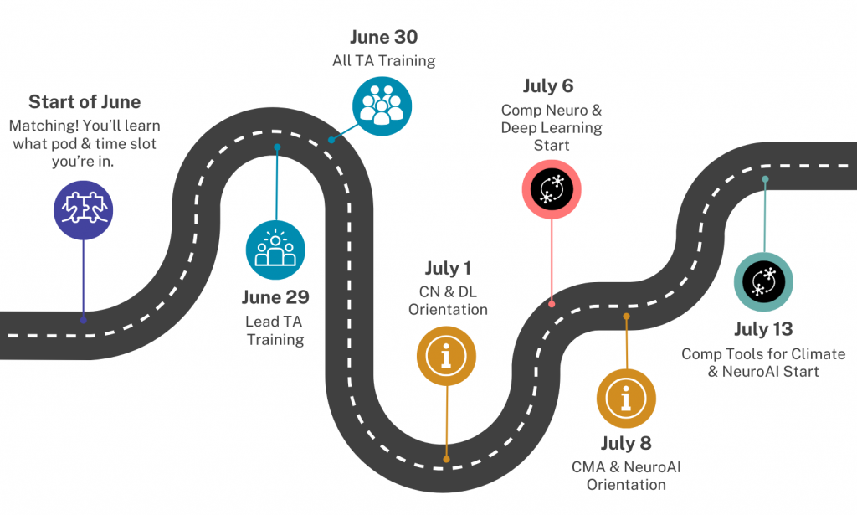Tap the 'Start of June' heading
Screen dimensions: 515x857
click(85, 102)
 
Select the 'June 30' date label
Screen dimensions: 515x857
click(383, 38)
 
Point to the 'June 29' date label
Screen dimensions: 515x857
click(275, 297)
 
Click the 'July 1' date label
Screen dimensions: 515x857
click(448, 269)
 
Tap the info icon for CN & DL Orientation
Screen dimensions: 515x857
click(447, 355)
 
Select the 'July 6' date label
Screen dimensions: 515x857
click(550, 86)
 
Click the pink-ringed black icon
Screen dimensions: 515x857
click(552, 187)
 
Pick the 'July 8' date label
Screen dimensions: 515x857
click(626, 443)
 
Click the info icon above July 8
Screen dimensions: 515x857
click(626, 393)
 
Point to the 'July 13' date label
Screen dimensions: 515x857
click(763, 329)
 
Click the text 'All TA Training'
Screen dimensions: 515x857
click(383, 61)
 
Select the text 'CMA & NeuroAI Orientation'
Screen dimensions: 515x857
click(626, 476)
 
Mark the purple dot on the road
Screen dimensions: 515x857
click(83, 319)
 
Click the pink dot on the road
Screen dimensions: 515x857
click(552, 303)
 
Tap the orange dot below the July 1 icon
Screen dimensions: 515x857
click(446, 459)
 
